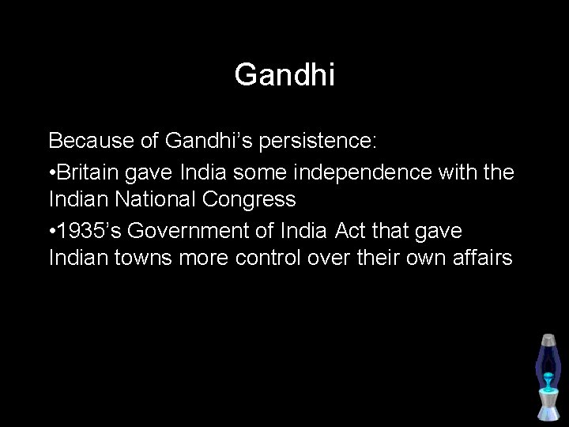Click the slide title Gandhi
point(284,75)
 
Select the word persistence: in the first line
point(313,142)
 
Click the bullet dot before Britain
point(53,172)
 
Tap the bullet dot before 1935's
point(53,230)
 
